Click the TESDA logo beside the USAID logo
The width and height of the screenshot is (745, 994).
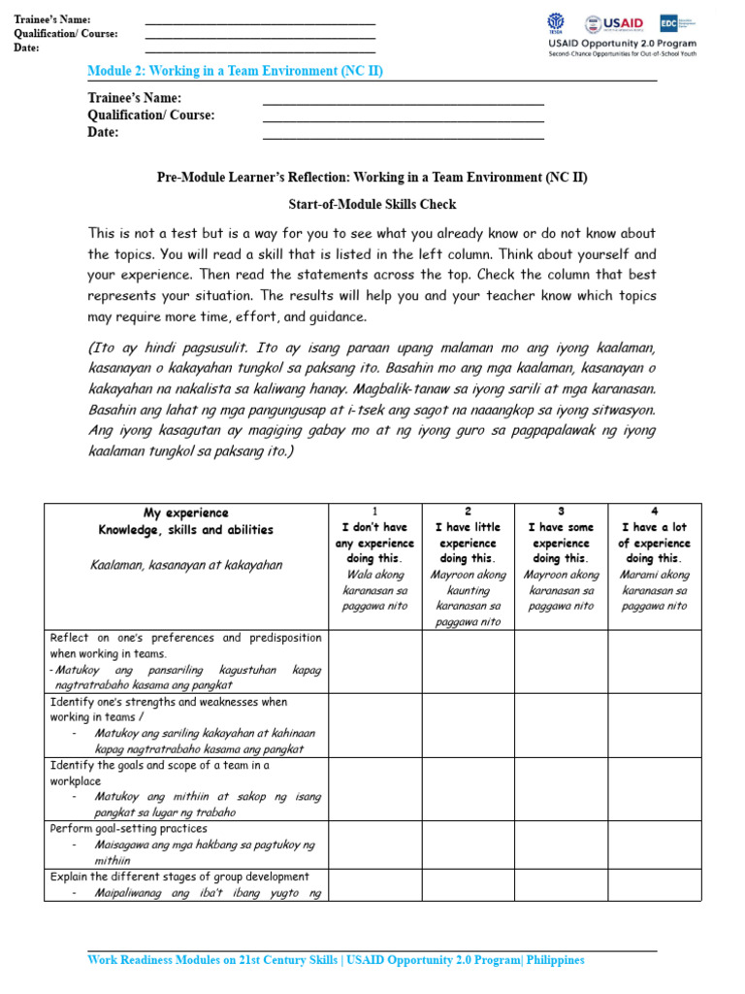557,23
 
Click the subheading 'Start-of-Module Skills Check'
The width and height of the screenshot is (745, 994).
372,205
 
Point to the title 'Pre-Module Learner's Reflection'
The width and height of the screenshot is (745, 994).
372,178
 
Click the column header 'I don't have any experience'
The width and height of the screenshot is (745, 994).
374,543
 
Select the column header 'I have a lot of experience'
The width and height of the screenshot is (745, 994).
654,543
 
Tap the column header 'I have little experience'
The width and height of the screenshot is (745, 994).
468,543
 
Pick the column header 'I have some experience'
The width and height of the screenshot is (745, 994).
561,543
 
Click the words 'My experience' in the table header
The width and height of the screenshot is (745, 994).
186,513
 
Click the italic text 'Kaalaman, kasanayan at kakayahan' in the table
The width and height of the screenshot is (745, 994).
186,565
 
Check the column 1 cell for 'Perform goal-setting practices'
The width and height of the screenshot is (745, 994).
374,845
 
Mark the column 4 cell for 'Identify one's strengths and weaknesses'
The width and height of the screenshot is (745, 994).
654,724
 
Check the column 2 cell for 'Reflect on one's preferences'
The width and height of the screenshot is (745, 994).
468,661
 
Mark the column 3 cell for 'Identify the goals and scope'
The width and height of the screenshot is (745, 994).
561,788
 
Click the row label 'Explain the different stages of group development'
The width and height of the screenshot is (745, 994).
179,877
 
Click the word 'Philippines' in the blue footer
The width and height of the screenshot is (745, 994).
554,960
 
